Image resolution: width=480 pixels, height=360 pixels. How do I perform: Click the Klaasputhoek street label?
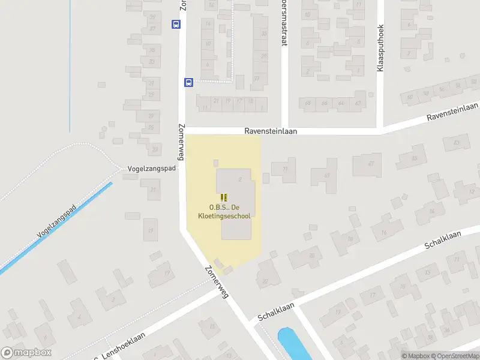pyautogui.click(x=380, y=49)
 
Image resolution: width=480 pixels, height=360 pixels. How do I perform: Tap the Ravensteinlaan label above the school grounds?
pyautogui.click(x=271, y=131)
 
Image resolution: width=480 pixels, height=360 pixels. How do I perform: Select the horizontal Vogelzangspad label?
pyautogui.click(x=152, y=169)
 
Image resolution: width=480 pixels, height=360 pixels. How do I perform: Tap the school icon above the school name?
pyautogui.click(x=224, y=197)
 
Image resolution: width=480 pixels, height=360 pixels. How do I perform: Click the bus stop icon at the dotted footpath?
pyautogui.click(x=188, y=83)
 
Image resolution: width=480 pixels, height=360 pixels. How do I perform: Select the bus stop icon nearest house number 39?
pyautogui.click(x=176, y=25)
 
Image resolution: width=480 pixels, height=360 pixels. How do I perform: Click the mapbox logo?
pyautogui.click(x=26, y=353)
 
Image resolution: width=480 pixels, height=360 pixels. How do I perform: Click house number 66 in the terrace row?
pyautogui.click(x=325, y=103)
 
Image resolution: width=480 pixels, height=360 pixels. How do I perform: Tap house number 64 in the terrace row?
pyautogui.click(x=341, y=103)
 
